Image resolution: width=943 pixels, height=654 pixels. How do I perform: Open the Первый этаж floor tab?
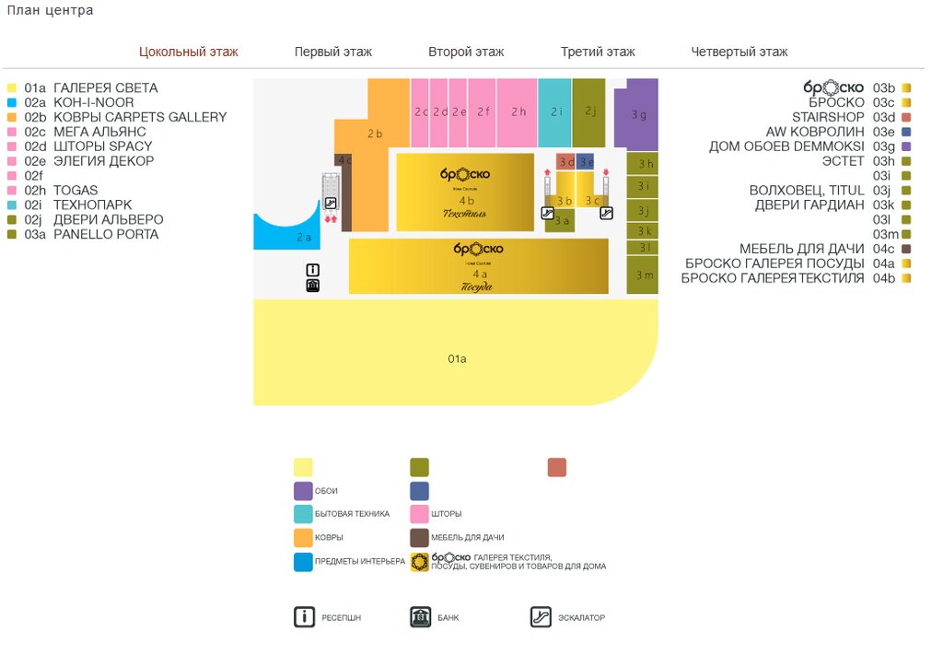[332, 53]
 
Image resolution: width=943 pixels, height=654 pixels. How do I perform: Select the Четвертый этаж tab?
[739, 53]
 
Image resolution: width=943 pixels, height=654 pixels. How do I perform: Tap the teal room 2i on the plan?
[554, 111]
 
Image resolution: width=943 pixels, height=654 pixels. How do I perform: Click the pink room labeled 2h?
[517, 111]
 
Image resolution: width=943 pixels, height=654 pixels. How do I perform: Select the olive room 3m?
[643, 275]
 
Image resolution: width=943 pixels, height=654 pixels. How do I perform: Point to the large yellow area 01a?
[456, 357]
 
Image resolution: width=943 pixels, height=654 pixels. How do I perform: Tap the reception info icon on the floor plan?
[312, 270]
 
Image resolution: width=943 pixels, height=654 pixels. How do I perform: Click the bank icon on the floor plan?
[312, 286]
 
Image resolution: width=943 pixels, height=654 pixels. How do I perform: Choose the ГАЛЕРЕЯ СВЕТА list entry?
[105, 88]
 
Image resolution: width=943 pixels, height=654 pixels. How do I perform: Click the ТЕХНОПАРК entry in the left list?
[92, 205]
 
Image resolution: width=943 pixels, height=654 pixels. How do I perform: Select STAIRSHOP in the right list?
[828, 117]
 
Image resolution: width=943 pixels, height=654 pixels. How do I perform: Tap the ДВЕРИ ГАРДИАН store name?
[809, 205]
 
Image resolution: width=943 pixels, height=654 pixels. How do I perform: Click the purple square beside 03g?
[906, 146]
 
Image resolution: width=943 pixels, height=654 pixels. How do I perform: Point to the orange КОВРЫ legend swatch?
[303, 538]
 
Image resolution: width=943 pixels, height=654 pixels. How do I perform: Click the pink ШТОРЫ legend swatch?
[419, 514]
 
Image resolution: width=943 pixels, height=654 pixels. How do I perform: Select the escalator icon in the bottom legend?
[541, 617]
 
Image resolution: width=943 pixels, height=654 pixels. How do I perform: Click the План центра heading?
[50, 10]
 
